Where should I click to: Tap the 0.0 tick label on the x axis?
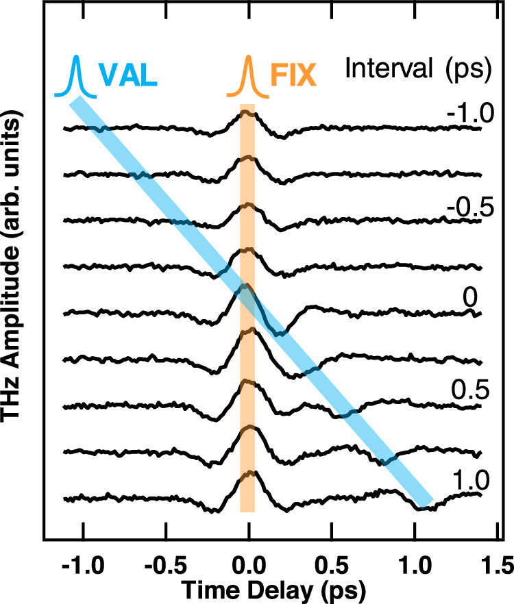(249, 566)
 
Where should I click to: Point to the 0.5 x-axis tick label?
(332, 566)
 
